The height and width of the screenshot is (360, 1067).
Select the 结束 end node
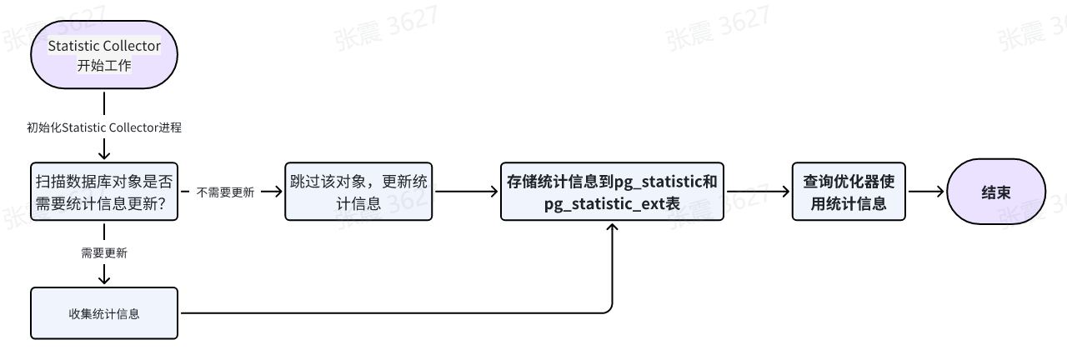tap(995, 192)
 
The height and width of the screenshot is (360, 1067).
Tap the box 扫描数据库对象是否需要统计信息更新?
tap(104, 192)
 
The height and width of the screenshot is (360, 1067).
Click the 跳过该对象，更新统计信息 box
tap(358, 192)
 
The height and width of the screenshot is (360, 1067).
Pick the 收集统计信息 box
tap(104, 313)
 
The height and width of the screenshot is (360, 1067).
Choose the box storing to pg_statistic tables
tap(612, 192)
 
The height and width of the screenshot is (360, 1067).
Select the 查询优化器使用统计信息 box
tap(849, 192)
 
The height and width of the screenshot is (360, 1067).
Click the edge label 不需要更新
tap(225, 192)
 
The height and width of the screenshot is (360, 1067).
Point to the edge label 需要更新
tap(104, 253)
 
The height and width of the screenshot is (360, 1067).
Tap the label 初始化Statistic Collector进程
tap(104, 127)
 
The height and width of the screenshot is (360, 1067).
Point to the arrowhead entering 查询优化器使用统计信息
tap(785, 192)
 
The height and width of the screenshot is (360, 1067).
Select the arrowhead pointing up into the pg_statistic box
tap(613, 227)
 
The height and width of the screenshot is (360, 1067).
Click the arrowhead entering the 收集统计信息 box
tap(104, 281)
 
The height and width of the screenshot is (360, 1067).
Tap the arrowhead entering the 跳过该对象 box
tap(278, 192)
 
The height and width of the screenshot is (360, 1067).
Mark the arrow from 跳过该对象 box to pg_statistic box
tap(467, 192)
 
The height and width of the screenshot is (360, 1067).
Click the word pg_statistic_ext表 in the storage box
tap(612, 202)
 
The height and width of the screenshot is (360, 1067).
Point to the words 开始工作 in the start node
tap(104, 66)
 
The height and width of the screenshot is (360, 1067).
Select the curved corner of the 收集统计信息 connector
tap(609, 309)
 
